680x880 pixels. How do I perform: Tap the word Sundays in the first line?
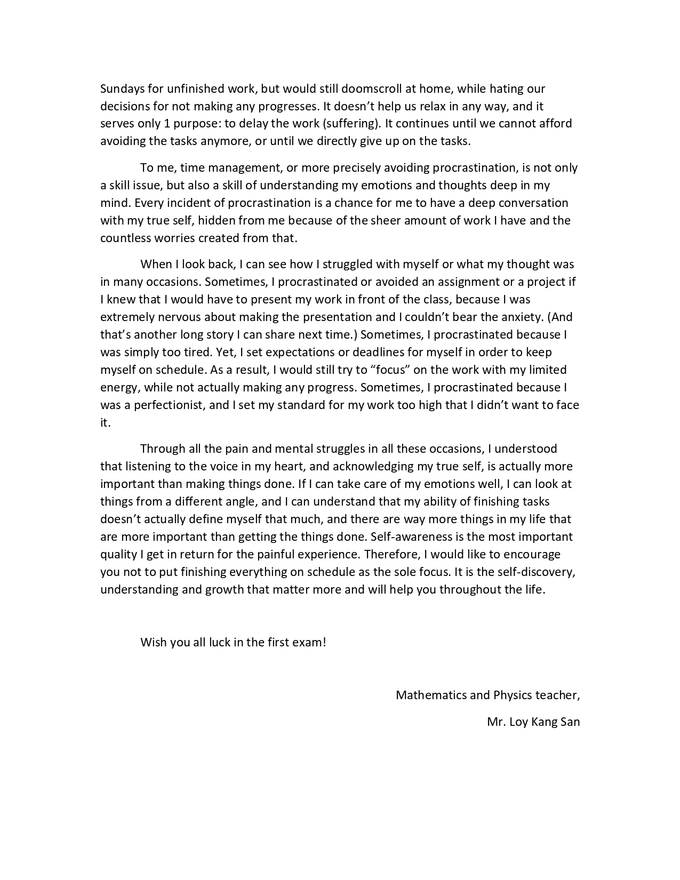121,89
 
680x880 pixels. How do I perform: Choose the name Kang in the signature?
544,723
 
